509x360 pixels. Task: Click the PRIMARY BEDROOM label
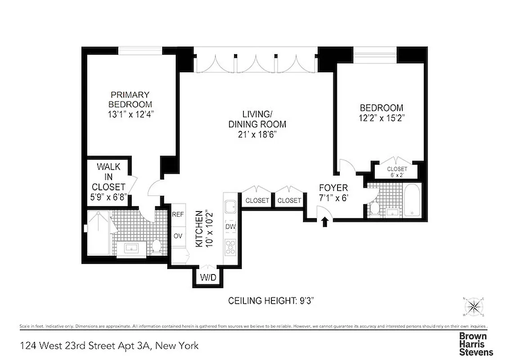pyautogui.click(x=130, y=99)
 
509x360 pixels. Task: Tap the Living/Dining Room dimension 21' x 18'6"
pyautogui.click(x=257, y=134)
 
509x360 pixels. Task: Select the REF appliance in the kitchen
pyautogui.click(x=178, y=215)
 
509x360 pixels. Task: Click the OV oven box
pyautogui.click(x=178, y=236)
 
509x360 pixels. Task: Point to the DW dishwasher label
pyautogui.click(x=231, y=227)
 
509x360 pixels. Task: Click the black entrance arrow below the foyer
pyautogui.click(x=324, y=222)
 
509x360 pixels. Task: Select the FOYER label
pyautogui.click(x=333, y=188)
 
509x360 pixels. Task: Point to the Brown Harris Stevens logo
pyautogui.click(x=475, y=344)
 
